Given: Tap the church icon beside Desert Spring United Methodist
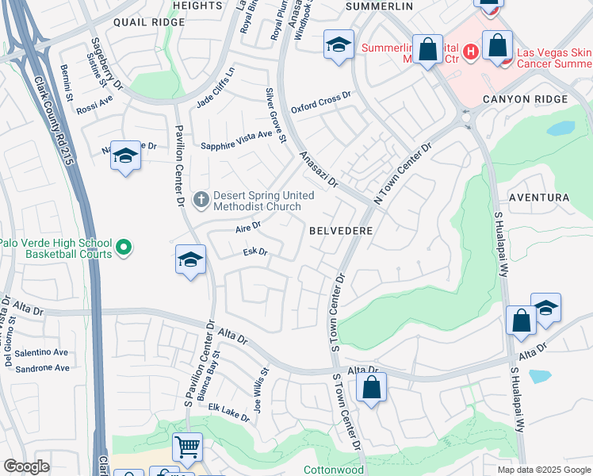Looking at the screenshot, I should tap(201, 198).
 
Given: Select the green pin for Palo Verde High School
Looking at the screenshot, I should tap(124, 249).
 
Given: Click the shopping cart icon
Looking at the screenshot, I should tap(187, 447).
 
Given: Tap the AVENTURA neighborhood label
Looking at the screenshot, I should tap(538, 197).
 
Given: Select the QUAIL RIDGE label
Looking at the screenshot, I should tap(148, 22).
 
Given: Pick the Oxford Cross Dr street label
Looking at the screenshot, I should tap(320, 102).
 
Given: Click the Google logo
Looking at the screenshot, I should tap(26, 466).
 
